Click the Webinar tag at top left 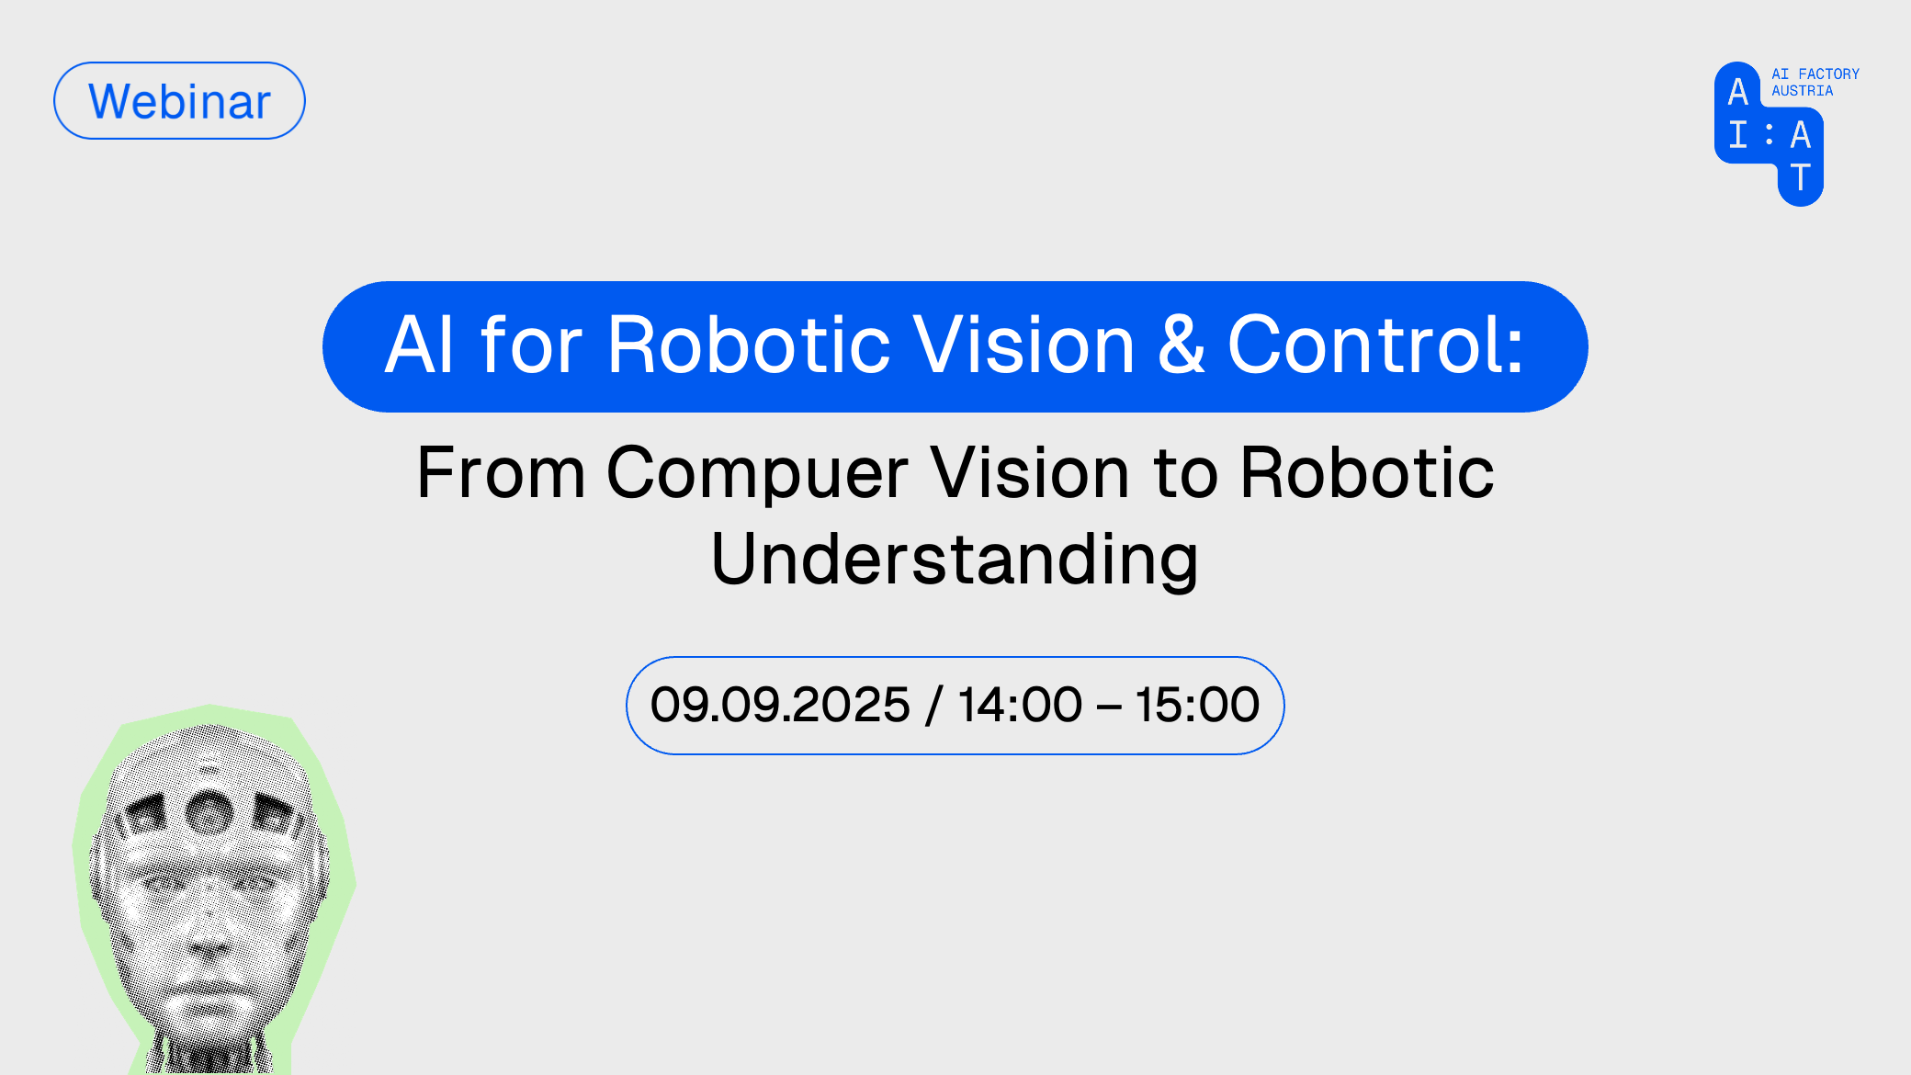pyautogui.click(x=179, y=101)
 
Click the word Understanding pyautogui.click(x=955, y=559)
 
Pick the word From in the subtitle pyautogui.click(x=501, y=473)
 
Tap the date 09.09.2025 pyautogui.click(x=780, y=705)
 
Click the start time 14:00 pyautogui.click(x=1020, y=705)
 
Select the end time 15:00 pyautogui.click(x=1197, y=705)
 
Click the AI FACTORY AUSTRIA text pyautogui.click(x=1815, y=82)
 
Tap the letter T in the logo pyautogui.click(x=1801, y=177)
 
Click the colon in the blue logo pyautogui.click(x=1769, y=134)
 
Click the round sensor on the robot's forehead pyautogui.click(x=209, y=812)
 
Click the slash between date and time pyautogui.click(x=934, y=705)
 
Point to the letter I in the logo pyautogui.click(x=1737, y=134)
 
